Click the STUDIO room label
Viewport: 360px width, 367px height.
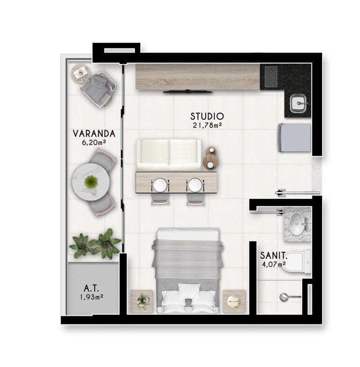click(x=207, y=116)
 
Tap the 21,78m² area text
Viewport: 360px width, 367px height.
click(x=207, y=126)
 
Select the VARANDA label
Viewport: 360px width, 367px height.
click(x=94, y=134)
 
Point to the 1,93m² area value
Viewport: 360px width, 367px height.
click(x=91, y=297)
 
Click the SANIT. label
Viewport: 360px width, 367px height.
click(x=274, y=255)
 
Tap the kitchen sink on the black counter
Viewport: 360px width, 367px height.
click(x=299, y=103)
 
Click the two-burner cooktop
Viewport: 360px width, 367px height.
click(x=271, y=76)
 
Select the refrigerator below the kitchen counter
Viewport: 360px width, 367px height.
click(x=295, y=138)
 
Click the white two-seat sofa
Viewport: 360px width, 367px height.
click(x=169, y=155)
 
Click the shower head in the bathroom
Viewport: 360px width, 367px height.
click(x=284, y=297)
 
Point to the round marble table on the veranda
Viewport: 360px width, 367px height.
click(x=91, y=182)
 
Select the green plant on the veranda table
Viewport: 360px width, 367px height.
click(x=91, y=181)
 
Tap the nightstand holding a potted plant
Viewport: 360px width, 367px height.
click(x=142, y=301)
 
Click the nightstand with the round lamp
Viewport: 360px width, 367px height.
click(x=234, y=301)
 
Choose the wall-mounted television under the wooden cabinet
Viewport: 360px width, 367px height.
click(x=187, y=91)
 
